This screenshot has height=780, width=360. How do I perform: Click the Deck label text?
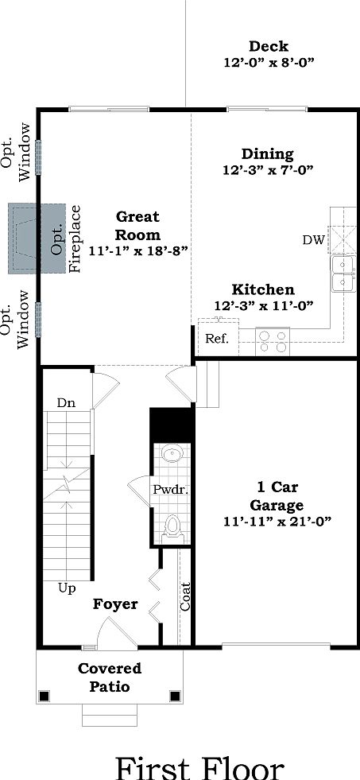point(268,46)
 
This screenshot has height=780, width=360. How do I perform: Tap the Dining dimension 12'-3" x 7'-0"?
point(268,169)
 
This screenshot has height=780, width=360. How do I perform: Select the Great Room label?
point(137,226)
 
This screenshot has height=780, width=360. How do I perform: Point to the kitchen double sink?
point(343,273)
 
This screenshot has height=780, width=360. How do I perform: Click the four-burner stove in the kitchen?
point(272,342)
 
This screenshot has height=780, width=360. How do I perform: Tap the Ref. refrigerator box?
point(217,338)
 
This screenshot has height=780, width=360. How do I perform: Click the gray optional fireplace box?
point(36,238)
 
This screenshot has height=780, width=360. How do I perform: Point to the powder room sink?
point(172,455)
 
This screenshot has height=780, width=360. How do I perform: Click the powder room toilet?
point(172,526)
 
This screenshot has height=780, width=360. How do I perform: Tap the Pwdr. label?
point(169,490)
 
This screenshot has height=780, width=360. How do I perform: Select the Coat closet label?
point(186,597)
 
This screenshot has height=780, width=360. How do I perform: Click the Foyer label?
point(115,604)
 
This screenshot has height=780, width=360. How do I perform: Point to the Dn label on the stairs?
point(66,403)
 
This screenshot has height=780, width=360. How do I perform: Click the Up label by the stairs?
point(66,588)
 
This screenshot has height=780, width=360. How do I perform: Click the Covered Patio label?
point(110,677)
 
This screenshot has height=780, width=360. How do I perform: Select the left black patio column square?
point(45,697)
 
